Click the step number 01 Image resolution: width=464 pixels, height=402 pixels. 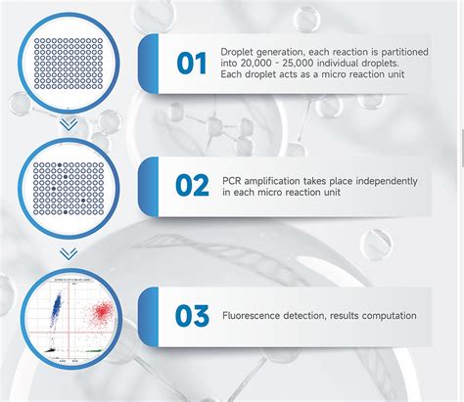pos(192,64)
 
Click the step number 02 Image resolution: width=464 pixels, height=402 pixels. pos(192,186)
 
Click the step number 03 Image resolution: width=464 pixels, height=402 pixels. pos(192,315)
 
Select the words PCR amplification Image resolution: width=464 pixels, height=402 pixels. pos(256,180)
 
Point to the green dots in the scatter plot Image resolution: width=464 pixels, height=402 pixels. pos(88,348)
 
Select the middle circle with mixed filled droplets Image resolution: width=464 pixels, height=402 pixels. pos(68,188)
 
